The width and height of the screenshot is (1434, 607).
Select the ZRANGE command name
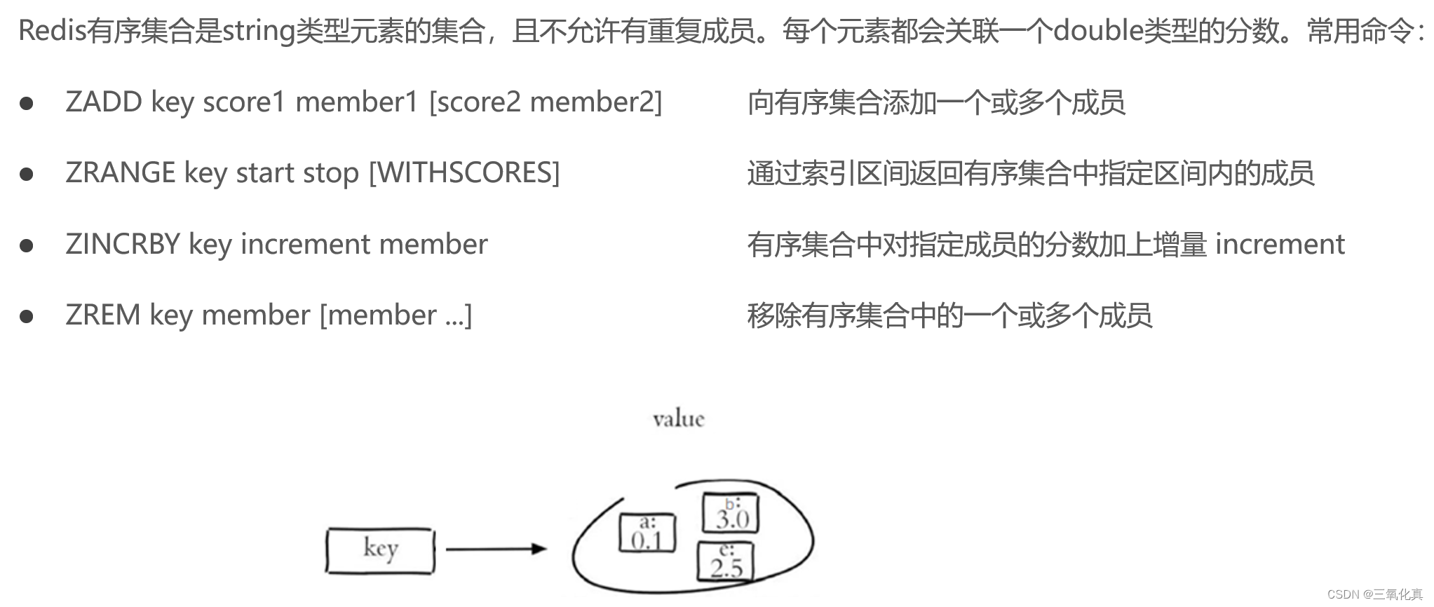pos(120,173)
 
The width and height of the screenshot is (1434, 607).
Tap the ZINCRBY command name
pos(123,244)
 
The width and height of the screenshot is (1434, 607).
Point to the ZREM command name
pos(102,315)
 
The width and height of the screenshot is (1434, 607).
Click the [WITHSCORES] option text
pos(464,173)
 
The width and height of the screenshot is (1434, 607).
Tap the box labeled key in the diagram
pos(380,550)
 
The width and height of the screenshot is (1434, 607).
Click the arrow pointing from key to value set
pos(496,549)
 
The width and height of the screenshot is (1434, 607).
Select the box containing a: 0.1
pos(647,533)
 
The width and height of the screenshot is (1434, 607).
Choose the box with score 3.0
pos(731,514)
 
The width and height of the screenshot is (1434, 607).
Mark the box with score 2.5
pos(725,561)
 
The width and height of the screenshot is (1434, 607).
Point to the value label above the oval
pos(678,419)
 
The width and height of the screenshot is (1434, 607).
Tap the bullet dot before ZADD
pos(27,104)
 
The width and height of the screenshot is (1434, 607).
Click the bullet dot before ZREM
pos(27,317)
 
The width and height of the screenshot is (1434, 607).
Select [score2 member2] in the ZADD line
pos(546,102)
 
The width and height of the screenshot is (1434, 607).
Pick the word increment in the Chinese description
pos(1280,244)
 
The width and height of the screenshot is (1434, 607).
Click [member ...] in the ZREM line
pos(395,315)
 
